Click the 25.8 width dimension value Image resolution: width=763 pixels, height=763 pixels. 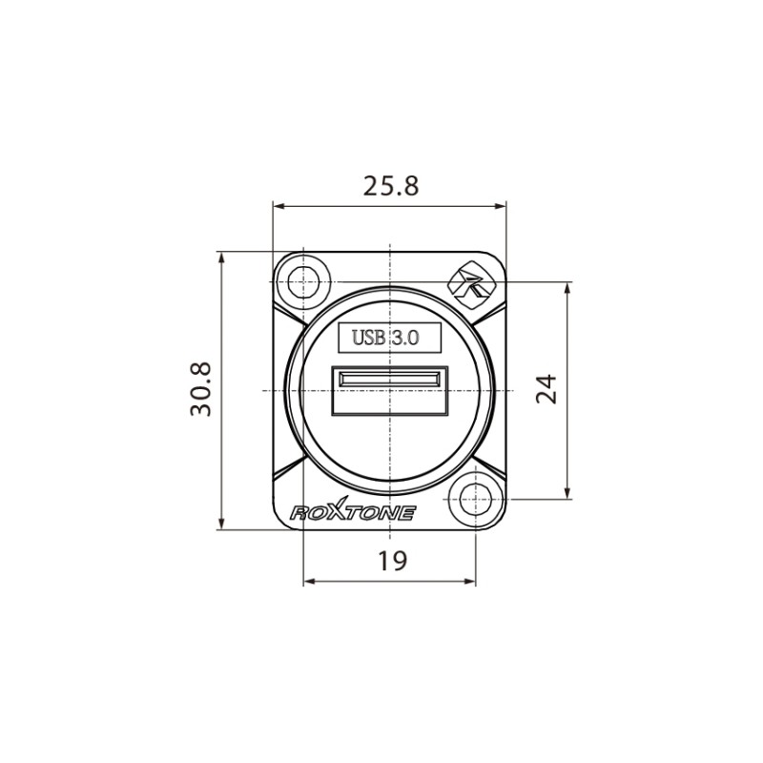click(x=390, y=186)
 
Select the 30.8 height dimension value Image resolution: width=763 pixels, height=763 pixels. click(x=201, y=389)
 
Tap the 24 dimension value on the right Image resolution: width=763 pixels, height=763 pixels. click(x=546, y=389)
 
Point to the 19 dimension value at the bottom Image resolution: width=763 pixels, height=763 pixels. click(x=390, y=561)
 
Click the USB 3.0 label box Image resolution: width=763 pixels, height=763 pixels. click(x=390, y=337)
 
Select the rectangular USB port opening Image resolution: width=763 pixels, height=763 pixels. click(x=390, y=391)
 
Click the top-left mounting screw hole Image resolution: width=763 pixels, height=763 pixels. click(x=303, y=282)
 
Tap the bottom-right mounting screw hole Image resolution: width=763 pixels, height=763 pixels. click(x=474, y=499)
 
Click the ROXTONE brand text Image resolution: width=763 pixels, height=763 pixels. click(x=352, y=513)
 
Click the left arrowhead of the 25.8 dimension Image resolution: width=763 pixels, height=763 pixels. click(x=278, y=205)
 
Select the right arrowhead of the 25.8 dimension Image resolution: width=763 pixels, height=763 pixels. click(x=502, y=205)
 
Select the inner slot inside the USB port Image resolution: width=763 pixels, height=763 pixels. click(x=390, y=381)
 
